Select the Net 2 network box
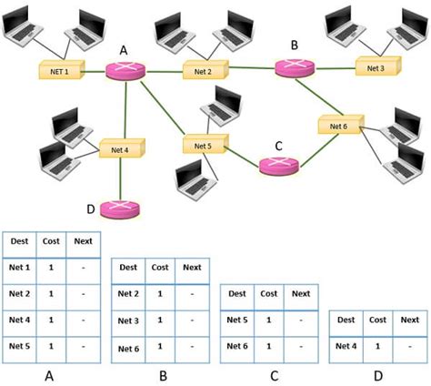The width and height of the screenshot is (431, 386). pyautogui.click(x=203, y=70)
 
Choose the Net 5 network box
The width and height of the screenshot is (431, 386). pyautogui.click(x=203, y=145)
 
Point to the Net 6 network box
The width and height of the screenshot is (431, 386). pyautogui.click(x=338, y=126)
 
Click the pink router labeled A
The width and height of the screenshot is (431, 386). pyautogui.click(x=121, y=71)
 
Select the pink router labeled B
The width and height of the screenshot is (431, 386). pyautogui.click(x=293, y=66)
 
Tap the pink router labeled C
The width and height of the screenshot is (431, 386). pyautogui.click(x=276, y=167)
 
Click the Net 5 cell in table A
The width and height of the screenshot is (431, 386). pyautogui.click(x=19, y=347)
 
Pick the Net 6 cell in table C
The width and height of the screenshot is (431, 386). pyautogui.click(x=237, y=347)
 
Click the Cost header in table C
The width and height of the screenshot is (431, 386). pyautogui.click(x=269, y=294)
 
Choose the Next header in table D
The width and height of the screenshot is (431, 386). pyautogui.click(x=409, y=320)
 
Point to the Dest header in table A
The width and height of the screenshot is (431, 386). pyautogui.click(x=18, y=241)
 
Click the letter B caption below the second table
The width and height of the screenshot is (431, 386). pyautogui.click(x=160, y=373)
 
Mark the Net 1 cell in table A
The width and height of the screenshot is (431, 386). pyautogui.click(x=19, y=269)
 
